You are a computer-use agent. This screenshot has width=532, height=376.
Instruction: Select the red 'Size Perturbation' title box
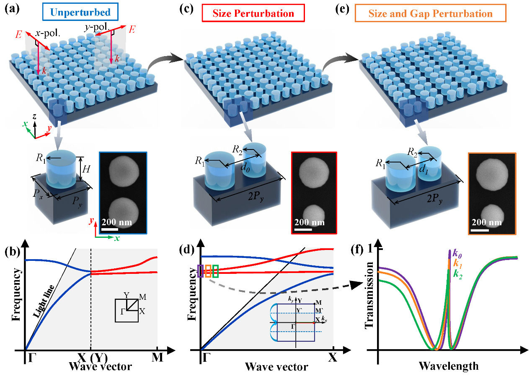[x=253, y=13]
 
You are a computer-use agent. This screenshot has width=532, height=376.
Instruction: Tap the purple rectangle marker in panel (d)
[x=200, y=271]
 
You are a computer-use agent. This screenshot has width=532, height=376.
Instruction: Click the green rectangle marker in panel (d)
[x=215, y=271]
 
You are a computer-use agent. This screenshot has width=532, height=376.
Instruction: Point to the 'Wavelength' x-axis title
[x=448, y=366]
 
